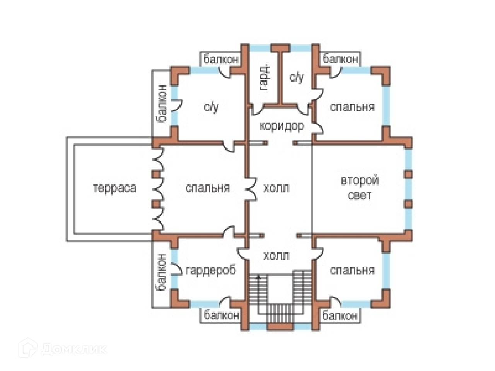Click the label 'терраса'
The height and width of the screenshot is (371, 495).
pyautogui.click(x=114, y=188)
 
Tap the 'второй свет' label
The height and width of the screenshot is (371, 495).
pyautogui.click(x=360, y=188)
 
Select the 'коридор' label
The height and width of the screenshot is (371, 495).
pyautogui.click(x=281, y=126)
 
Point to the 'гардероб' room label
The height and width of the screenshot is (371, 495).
pyautogui.click(x=210, y=270)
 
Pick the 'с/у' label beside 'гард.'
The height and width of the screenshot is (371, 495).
pyautogui.click(x=297, y=77)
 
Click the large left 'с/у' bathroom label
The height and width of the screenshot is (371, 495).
pyautogui.click(x=211, y=107)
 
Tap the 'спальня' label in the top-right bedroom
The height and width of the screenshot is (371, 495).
pyautogui.click(x=352, y=107)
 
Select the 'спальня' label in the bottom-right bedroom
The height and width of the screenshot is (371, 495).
pyautogui.click(x=352, y=270)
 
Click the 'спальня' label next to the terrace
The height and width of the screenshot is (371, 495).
pyautogui.click(x=207, y=188)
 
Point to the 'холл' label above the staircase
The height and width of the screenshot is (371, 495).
pyautogui.click(x=276, y=256)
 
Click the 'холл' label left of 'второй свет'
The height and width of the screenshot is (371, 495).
pyautogui.click(x=276, y=188)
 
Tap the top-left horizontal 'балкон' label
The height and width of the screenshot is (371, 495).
pyautogui.click(x=221, y=59)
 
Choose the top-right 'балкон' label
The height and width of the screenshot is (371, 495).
pyautogui.click(x=340, y=59)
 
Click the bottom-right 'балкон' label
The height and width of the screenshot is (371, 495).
pyautogui.click(x=340, y=316)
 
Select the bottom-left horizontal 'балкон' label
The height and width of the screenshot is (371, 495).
pyautogui.click(x=221, y=315)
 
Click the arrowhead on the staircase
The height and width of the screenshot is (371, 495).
pyautogui.click(x=258, y=277)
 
